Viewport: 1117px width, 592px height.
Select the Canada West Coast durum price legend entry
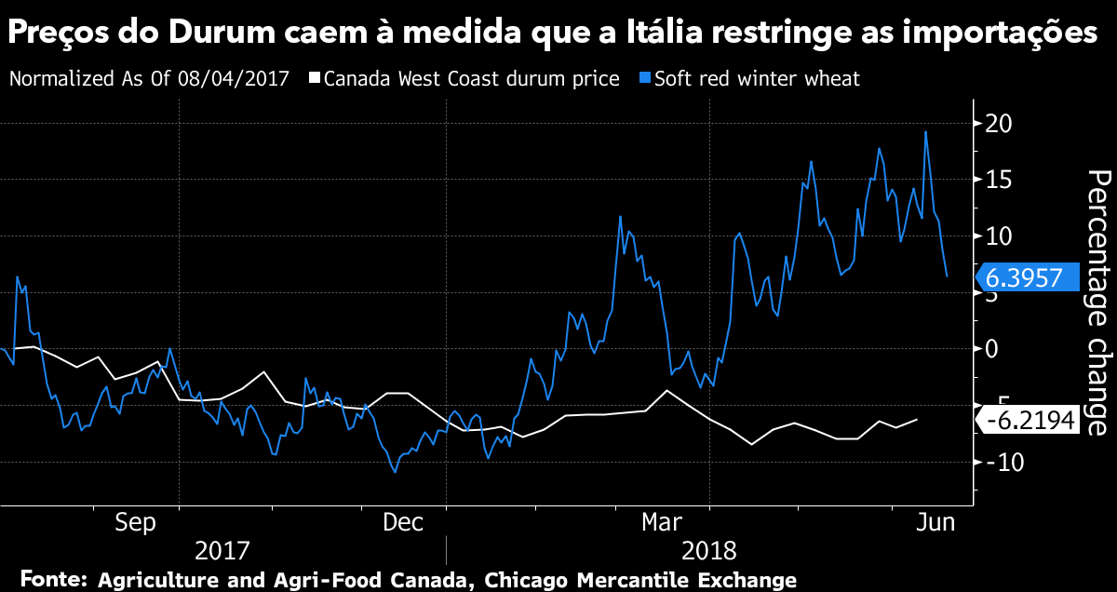tap(471, 78)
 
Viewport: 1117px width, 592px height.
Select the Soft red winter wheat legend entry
tap(756, 78)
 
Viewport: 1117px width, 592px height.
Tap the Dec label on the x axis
tap(405, 523)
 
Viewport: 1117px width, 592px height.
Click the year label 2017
tap(222, 548)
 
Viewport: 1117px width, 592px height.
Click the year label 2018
tap(710, 548)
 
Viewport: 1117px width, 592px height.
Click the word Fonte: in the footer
tap(52, 579)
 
